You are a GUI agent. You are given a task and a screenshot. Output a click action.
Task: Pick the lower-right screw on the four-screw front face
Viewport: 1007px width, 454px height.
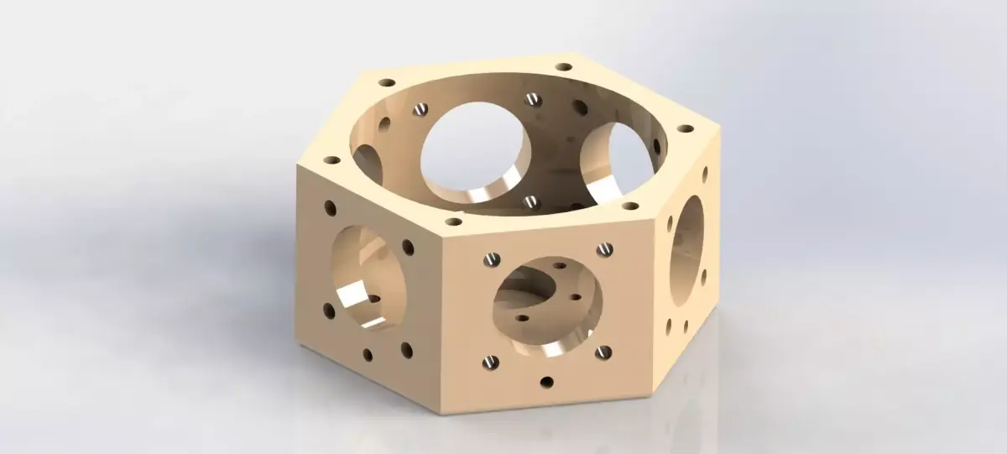point(601,353)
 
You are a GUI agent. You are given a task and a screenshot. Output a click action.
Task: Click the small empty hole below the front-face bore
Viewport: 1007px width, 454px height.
point(547,383)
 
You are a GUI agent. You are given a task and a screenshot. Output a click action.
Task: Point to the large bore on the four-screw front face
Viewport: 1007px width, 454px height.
point(547,303)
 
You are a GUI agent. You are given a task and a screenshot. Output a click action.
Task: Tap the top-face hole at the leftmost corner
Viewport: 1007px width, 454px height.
point(332,159)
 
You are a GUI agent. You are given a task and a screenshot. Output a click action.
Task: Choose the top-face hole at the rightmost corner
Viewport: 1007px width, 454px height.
point(686,129)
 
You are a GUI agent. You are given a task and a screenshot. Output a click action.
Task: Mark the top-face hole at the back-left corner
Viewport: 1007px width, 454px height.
point(387,83)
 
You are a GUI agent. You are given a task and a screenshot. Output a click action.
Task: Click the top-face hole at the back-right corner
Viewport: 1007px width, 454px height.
point(564,65)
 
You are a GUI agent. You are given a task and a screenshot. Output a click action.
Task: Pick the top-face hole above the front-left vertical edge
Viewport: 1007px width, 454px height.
point(454,222)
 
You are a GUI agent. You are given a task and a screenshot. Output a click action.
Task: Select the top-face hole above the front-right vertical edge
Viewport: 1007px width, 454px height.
point(629,205)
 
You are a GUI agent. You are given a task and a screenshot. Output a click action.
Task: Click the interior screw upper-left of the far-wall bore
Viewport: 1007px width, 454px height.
point(421,108)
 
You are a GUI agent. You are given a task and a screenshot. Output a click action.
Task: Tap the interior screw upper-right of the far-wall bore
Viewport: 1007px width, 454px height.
point(532,99)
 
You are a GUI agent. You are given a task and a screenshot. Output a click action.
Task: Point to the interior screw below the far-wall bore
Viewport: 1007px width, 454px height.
point(530,201)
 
